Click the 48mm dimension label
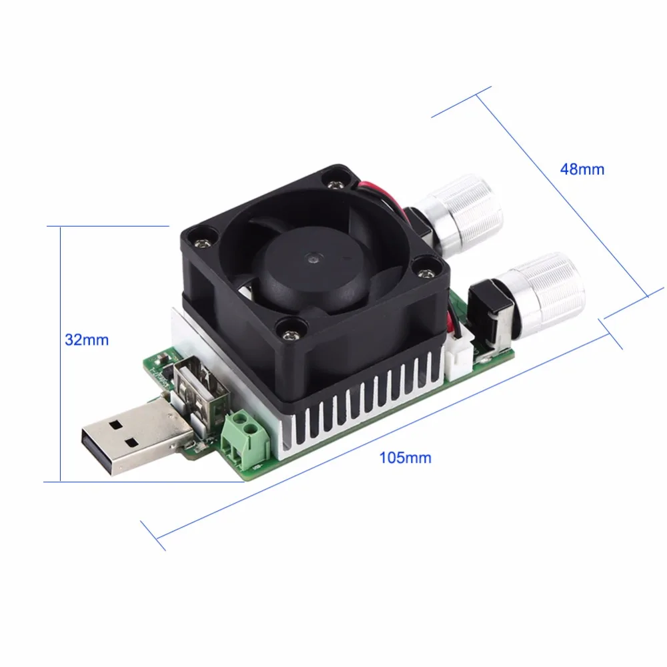582,169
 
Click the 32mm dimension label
87,340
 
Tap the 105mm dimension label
405,458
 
